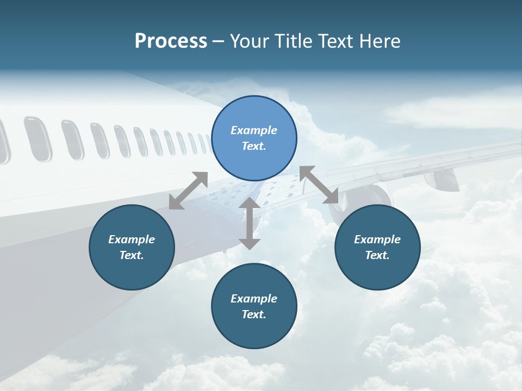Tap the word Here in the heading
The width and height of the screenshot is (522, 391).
coord(380,41)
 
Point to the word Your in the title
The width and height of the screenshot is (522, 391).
coord(250,41)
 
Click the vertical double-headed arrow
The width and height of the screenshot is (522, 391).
coord(250,223)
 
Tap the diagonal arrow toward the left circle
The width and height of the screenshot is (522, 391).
coord(188,190)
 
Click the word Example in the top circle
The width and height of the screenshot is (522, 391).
coord(254,130)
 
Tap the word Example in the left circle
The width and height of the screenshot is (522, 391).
coord(132,239)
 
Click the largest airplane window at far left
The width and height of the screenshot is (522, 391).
coord(37,138)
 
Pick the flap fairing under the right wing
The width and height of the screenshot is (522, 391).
coord(442,179)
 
